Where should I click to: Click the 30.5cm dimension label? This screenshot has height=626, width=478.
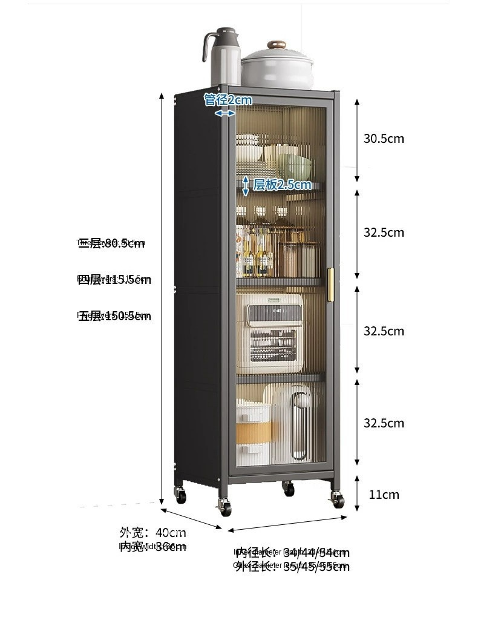click(384, 139)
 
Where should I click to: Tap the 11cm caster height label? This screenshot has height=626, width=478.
click(384, 495)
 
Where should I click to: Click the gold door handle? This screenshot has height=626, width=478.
click(330, 283)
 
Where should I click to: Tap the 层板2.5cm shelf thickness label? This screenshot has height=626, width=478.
click(282, 185)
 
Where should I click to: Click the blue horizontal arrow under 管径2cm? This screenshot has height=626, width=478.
click(225, 113)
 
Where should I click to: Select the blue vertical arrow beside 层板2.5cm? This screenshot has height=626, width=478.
click(246, 186)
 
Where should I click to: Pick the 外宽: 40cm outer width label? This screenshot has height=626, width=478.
click(152, 533)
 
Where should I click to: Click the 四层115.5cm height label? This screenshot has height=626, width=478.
click(114, 280)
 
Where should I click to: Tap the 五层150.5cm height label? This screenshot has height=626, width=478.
click(114, 316)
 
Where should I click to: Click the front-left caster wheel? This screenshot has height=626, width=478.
click(225, 507)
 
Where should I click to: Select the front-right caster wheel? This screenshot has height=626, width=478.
click(337, 499)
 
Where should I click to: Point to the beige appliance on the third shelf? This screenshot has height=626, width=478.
click(269, 333)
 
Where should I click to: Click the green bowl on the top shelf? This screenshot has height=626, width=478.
click(295, 165)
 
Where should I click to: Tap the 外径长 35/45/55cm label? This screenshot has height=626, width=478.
click(292, 567)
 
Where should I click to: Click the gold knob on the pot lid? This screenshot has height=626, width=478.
click(278, 45)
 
